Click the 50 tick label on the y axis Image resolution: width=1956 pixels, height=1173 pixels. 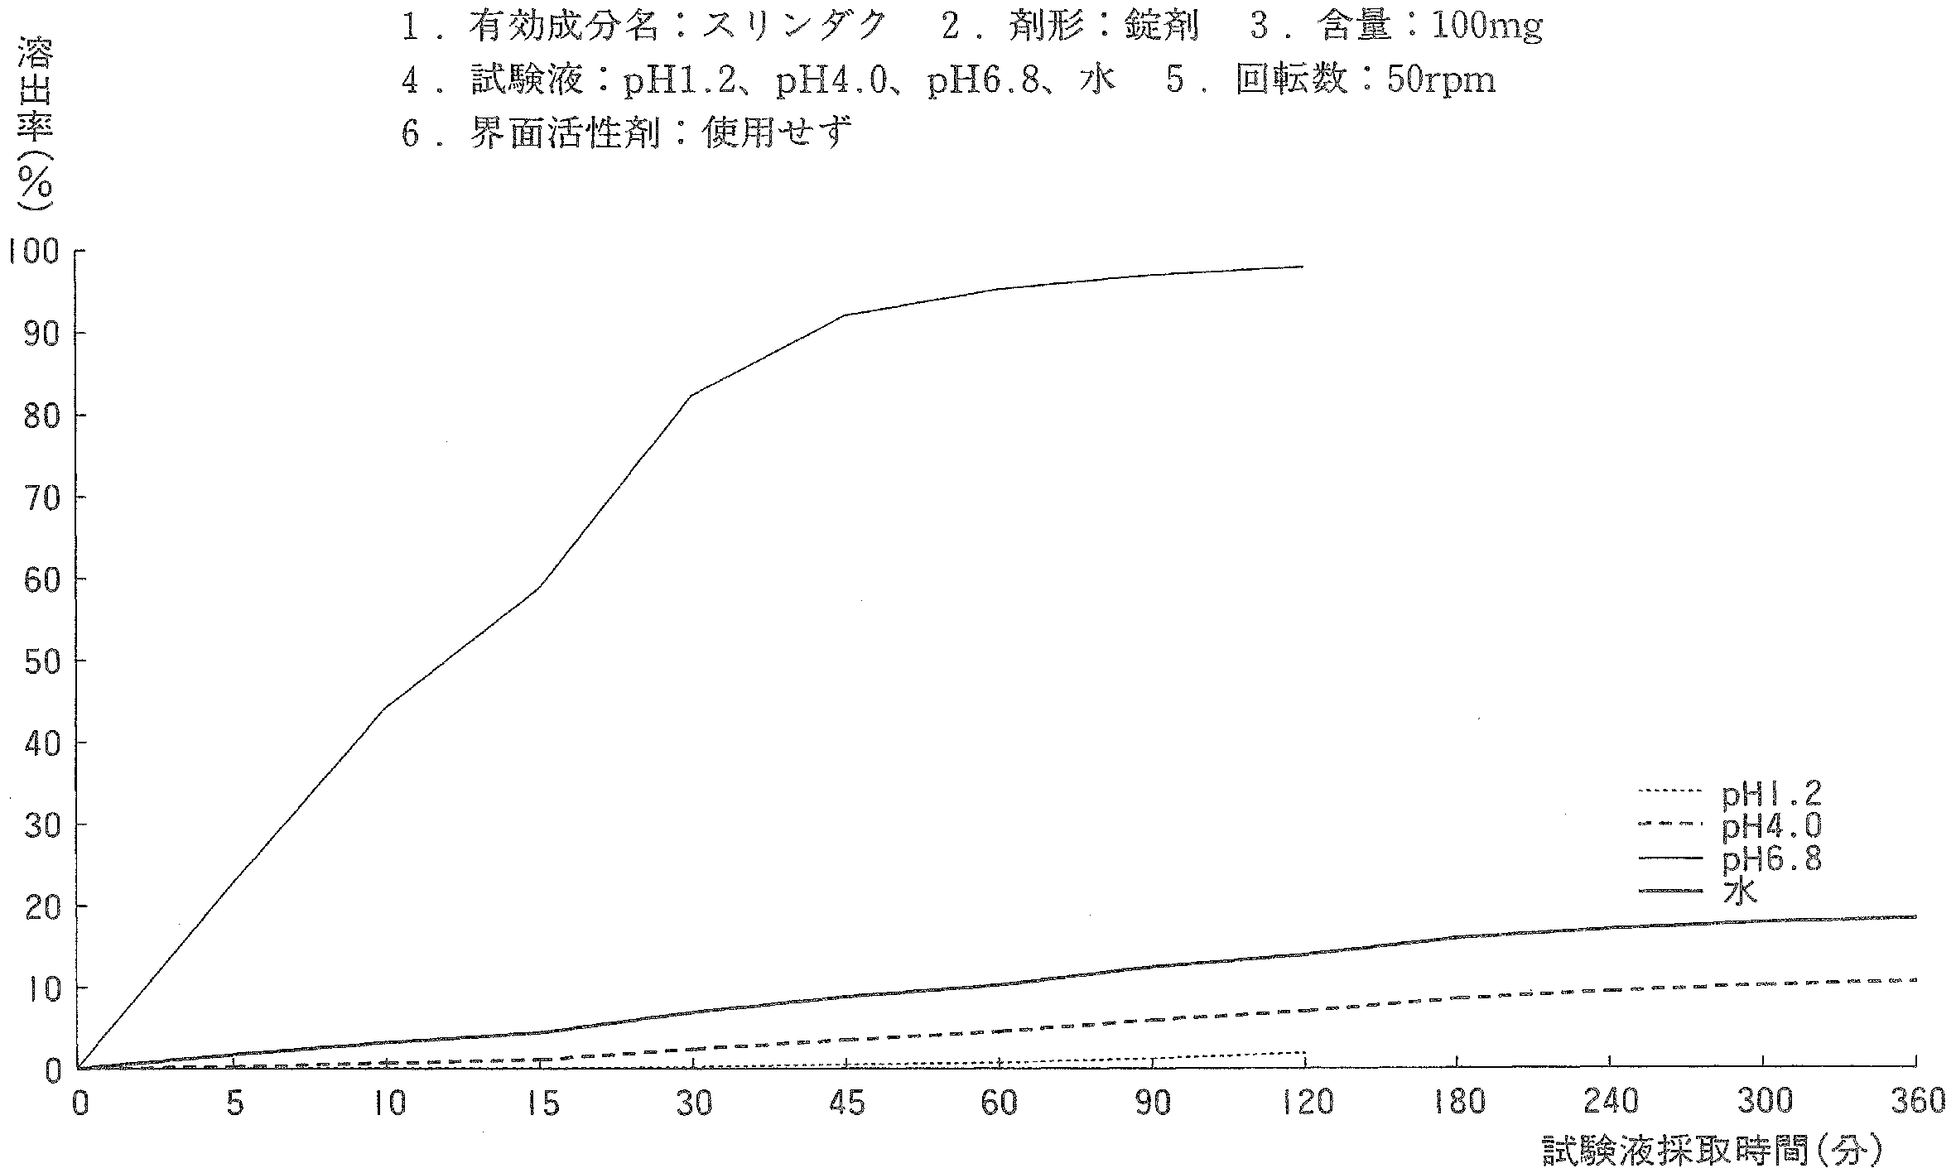click(41, 661)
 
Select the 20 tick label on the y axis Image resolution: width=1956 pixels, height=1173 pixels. click(41, 906)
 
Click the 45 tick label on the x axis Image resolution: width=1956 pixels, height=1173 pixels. click(846, 1103)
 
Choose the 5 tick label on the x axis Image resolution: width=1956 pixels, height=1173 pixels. click(234, 1103)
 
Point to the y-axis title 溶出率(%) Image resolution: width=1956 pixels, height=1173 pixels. click(35, 124)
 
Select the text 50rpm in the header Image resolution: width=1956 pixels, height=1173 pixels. click(1442, 81)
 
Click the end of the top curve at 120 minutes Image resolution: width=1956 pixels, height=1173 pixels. click(1303, 267)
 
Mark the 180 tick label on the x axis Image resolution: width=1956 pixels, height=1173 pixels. click(1457, 1103)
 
